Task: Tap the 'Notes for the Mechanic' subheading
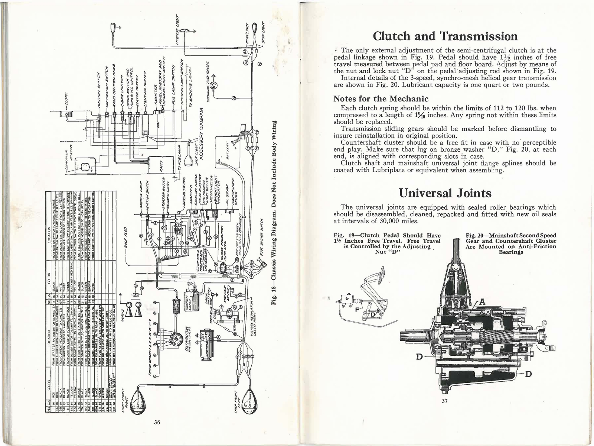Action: click(x=381, y=99)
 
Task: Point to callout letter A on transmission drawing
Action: click(x=482, y=302)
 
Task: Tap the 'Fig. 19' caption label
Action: click(x=342, y=236)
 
